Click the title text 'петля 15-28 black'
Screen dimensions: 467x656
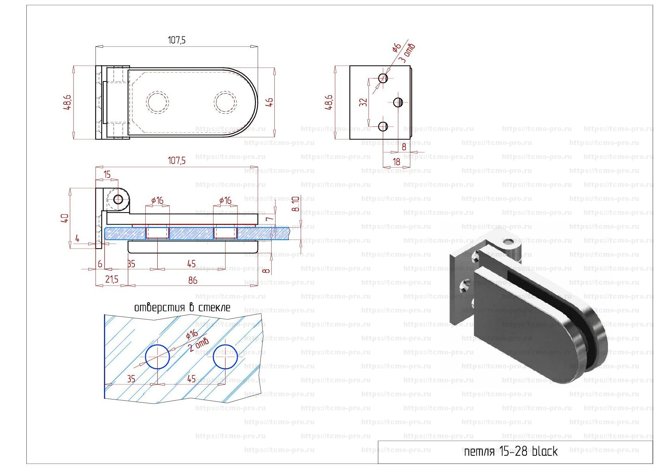click(x=510, y=451)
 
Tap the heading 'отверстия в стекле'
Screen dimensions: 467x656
click(x=182, y=308)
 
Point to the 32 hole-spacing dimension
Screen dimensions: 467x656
click(x=363, y=102)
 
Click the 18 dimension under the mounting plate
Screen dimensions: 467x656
click(x=396, y=162)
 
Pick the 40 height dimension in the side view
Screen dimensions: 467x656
click(x=65, y=218)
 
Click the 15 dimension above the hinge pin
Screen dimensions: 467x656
click(x=107, y=175)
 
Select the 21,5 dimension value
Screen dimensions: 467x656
click(x=112, y=279)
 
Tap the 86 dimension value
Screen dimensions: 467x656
click(x=193, y=280)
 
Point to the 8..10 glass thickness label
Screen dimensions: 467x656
click(x=296, y=204)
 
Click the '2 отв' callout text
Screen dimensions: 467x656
click(x=199, y=344)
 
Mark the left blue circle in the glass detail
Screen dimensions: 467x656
click(x=157, y=357)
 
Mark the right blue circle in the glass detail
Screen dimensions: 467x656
click(x=225, y=357)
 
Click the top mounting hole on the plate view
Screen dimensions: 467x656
click(x=383, y=78)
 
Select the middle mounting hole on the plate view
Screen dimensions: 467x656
click(x=398, y=102)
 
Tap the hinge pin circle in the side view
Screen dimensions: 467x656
click(x=118, y=200)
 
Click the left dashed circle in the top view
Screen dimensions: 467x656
click(x=157, y=102)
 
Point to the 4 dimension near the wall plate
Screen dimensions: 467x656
click(x=77, y=239)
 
